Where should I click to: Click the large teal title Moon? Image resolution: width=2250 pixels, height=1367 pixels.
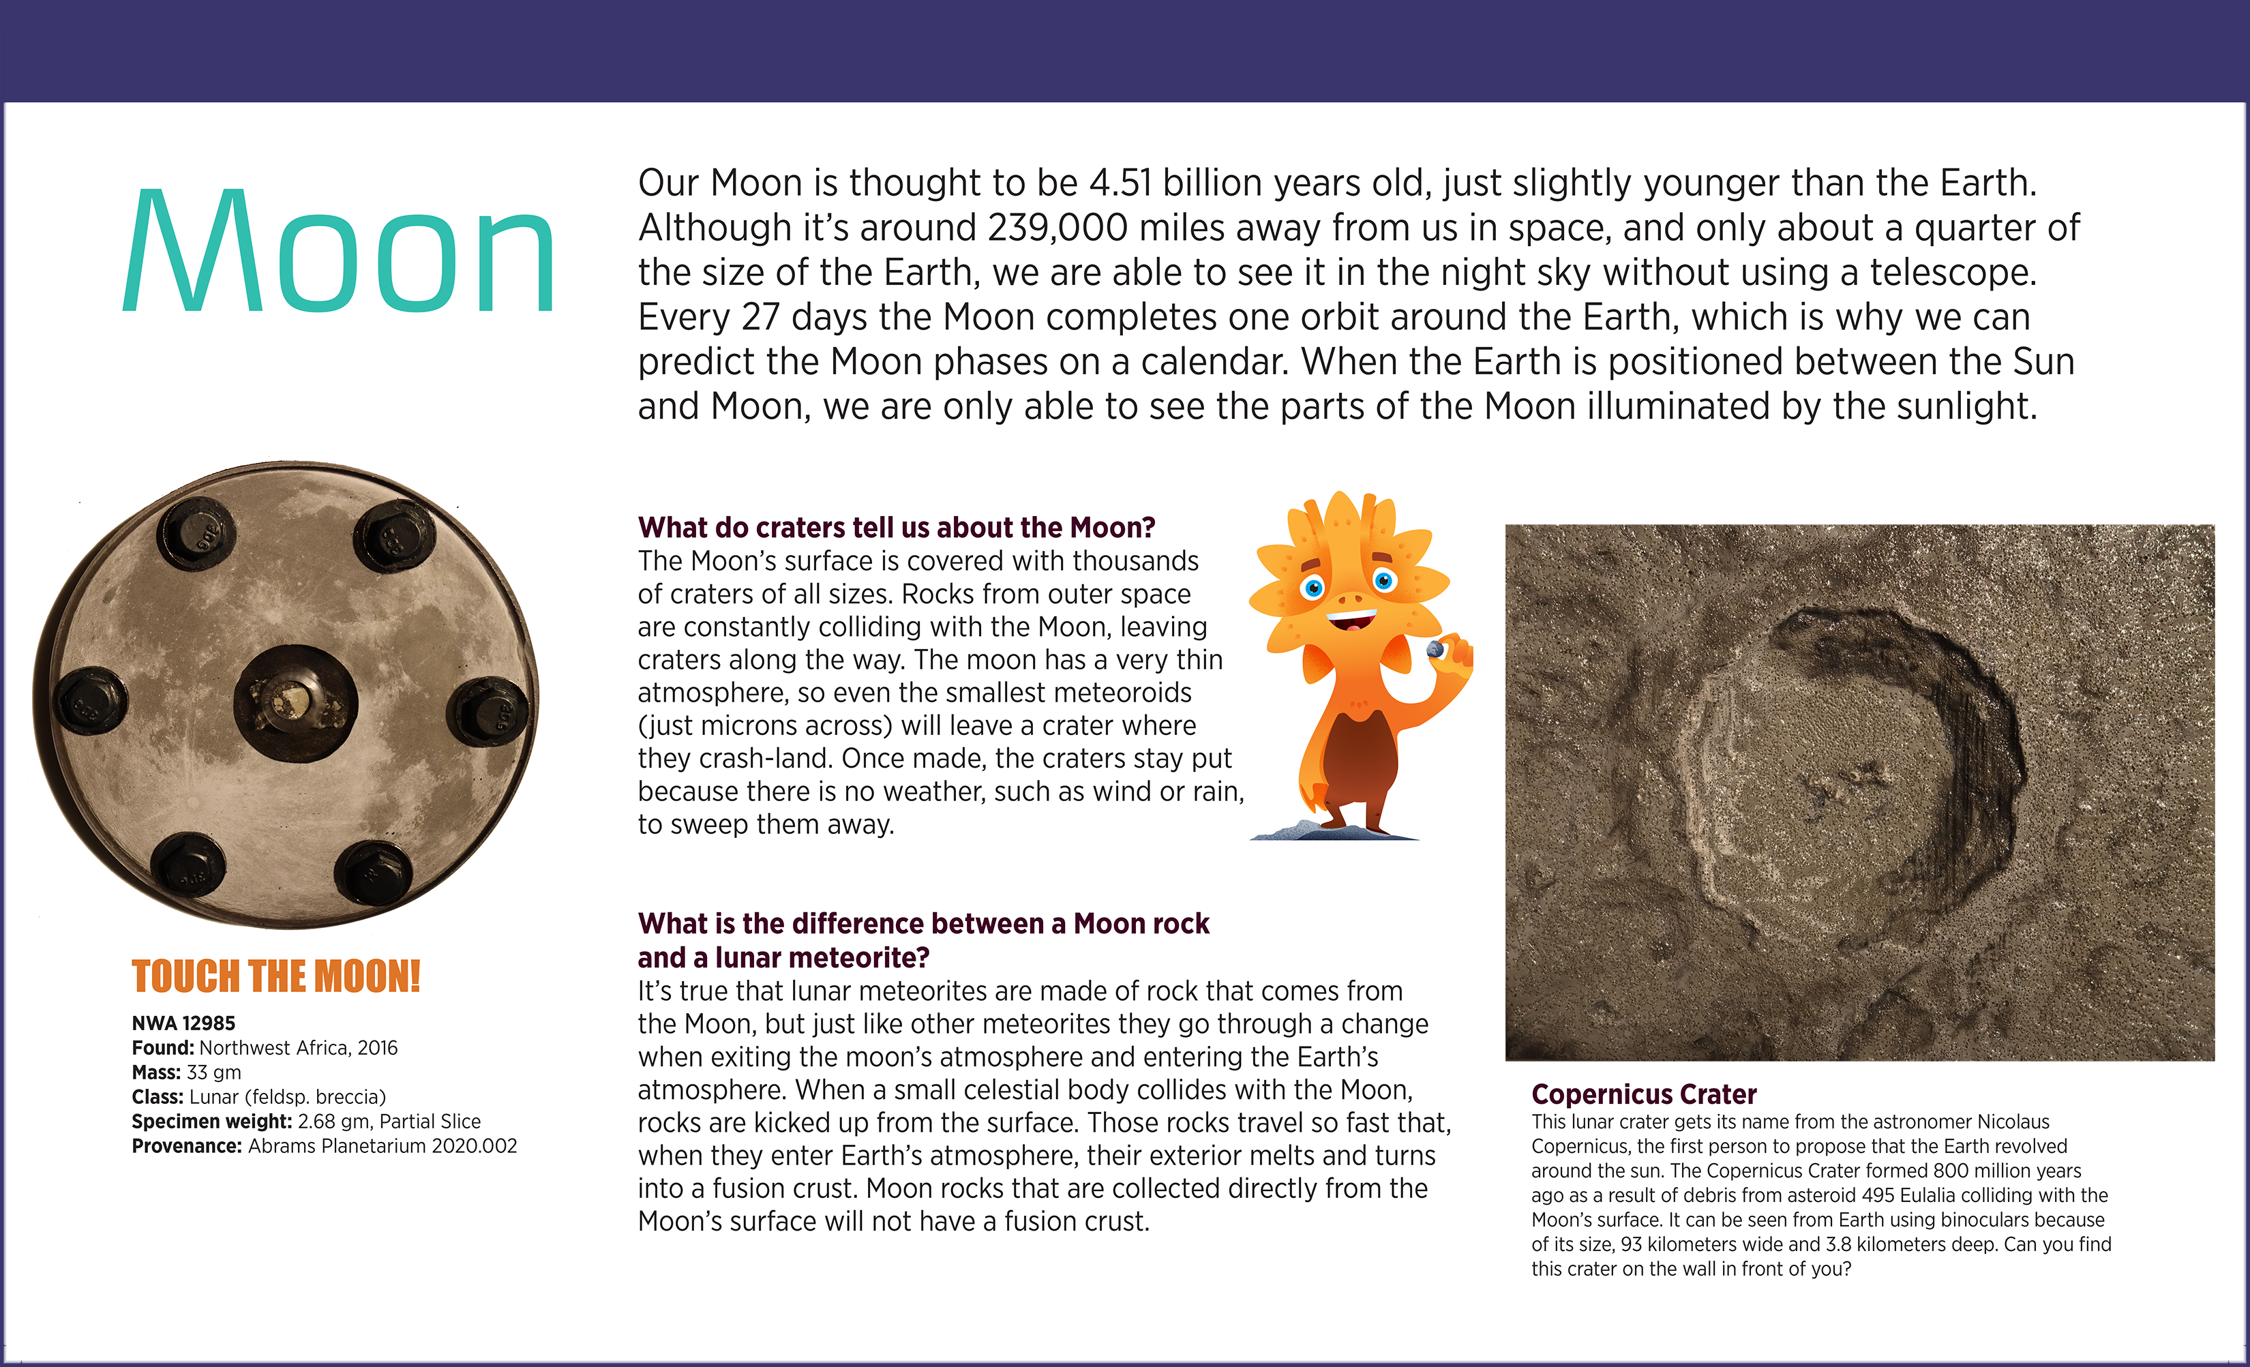[x=338, y=251]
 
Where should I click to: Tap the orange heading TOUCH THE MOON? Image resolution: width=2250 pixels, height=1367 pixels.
[x=275, y=976]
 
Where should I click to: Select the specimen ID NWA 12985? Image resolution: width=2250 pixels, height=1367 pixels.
[x=183, y=1023]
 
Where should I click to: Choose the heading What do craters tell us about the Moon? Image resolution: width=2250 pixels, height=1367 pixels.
[x=896, y=528]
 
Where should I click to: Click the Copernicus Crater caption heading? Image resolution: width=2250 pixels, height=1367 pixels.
[x=1644, y=1094]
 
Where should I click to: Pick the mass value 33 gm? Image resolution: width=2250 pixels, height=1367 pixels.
[x=213, y=1072]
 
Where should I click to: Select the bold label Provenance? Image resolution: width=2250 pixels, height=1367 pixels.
[x=187, y=1146]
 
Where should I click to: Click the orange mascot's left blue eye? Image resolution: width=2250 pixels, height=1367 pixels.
[x=1313, y=587]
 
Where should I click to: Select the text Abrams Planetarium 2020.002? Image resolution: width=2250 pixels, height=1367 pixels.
[x=382, y=1146]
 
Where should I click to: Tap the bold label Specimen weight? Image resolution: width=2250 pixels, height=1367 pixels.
[x=212, y=1122]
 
